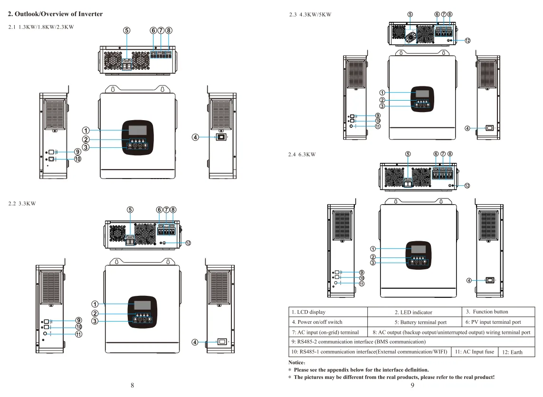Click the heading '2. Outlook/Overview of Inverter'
55,14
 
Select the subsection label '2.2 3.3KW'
22,203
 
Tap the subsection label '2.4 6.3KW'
302,154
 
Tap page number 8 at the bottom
132,385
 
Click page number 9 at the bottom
412,385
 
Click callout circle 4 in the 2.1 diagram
195,138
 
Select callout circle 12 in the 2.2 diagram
188,243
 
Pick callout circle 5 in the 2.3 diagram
410,15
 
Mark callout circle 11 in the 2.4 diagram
362,284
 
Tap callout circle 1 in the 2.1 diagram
86,130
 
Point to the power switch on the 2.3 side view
489,128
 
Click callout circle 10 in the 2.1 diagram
77,159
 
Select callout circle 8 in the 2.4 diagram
450,154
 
